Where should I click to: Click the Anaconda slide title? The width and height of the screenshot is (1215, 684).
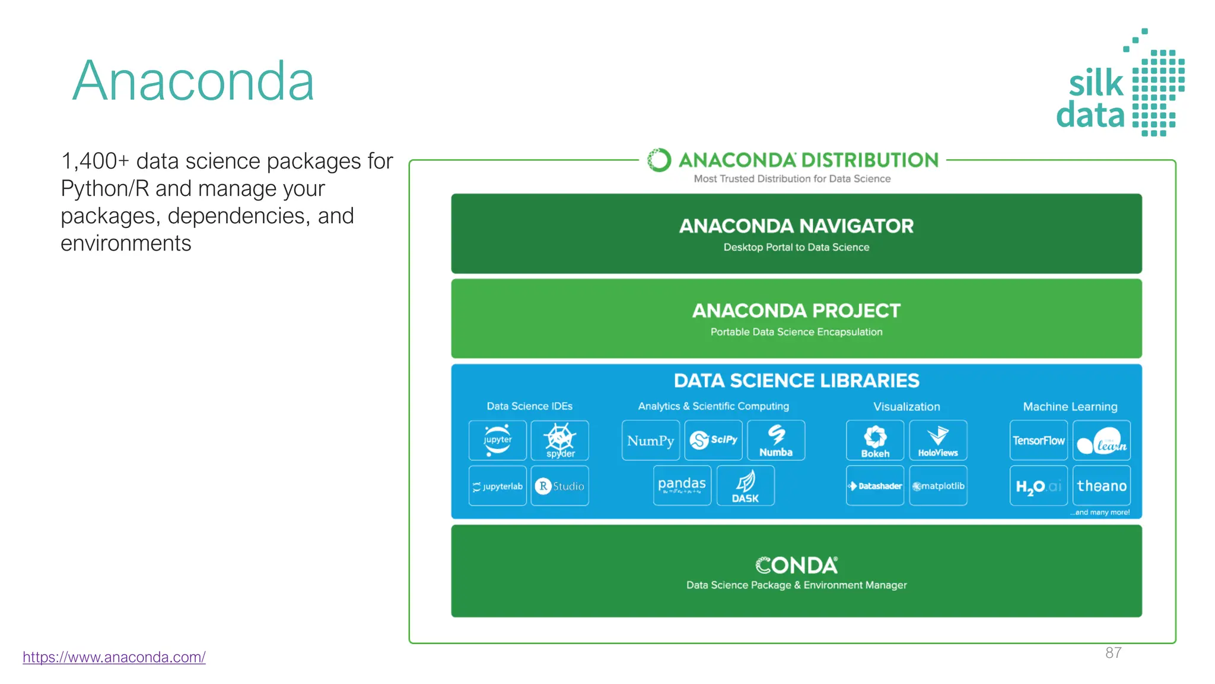tap(193, 81)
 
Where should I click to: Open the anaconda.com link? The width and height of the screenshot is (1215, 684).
tap(114, 657)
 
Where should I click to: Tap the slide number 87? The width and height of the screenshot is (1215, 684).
tap(1113, 653)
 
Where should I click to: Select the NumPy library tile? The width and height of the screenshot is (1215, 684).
tap(650, 441)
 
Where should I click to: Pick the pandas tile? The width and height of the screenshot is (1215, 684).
tap(682, 486)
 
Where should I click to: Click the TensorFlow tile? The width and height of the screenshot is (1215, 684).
tap(1038, 441)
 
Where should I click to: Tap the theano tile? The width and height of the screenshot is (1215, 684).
tap(1101, 486)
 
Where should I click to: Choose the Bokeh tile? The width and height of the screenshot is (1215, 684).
tap(874, 441)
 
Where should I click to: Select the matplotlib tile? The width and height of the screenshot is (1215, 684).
tap(938, 486)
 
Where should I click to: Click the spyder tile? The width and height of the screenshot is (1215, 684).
tap(559, 441)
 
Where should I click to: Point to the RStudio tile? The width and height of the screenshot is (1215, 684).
tap(559, 486)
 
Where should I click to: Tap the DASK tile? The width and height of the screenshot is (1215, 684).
tap(745, 486)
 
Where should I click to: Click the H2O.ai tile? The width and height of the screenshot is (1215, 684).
tap(1038, 486)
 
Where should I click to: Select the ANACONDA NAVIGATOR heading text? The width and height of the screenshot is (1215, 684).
tap(796, 226)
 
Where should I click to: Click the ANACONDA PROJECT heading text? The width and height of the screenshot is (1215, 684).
tap(796, 311)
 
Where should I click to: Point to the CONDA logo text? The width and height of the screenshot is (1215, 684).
tap(796, 565)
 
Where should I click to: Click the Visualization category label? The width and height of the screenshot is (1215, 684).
tap(907, 407)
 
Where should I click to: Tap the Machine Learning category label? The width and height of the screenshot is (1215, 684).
tap(1070, 407)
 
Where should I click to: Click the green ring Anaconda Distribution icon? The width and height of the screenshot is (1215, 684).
tap(659, 160)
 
